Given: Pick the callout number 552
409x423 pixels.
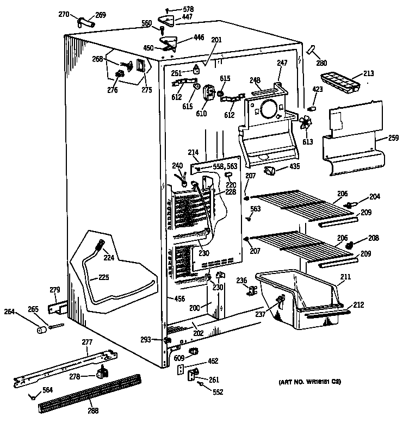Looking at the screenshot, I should click(x=218, y=392).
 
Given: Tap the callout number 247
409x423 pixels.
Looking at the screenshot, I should click(x=282, y=63).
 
